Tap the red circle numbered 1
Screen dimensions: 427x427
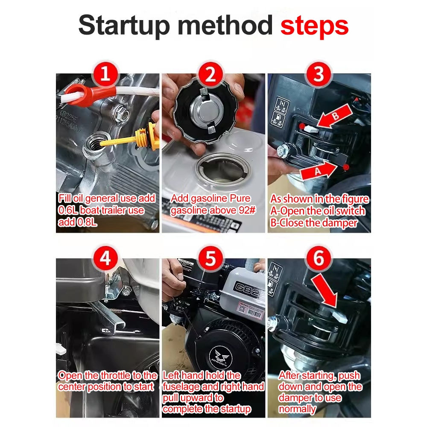click(x=105, y=74)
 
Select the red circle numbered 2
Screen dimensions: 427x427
click(x=210, y=74)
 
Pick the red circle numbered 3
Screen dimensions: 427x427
click(x=319, y=74)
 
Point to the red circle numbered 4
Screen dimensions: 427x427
click(x=105, y=258)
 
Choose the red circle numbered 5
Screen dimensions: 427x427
click(x=210, y=258)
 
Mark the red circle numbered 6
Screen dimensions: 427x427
click(x=319, y=258)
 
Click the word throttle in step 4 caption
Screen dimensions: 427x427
click(x=115, y=375)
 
